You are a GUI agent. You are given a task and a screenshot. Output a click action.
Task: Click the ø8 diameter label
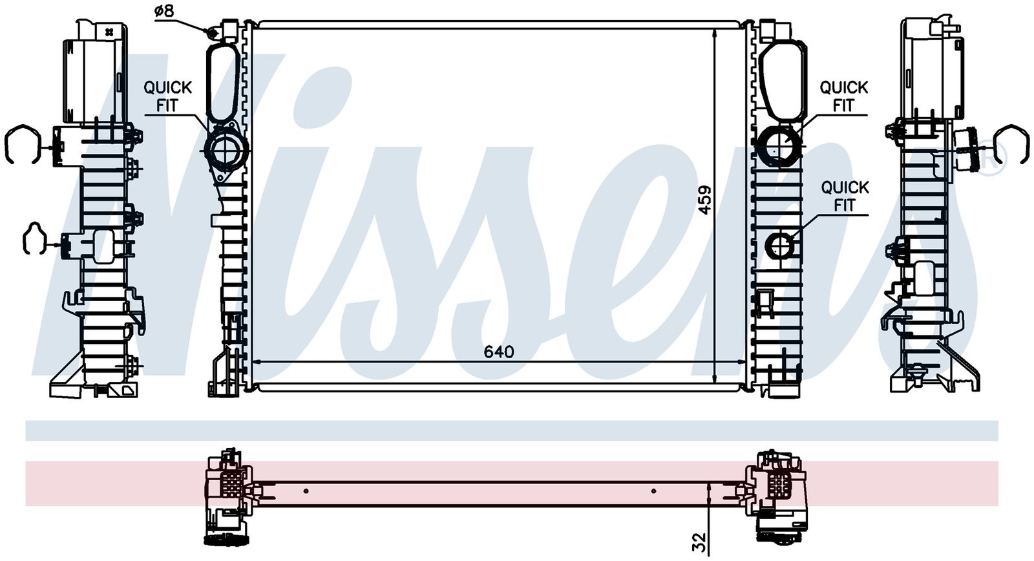click(x=164, y=10)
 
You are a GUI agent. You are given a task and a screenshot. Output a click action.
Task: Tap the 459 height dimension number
click(x=704, y=200)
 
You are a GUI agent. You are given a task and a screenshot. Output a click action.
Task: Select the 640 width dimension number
click(x=498, y=352)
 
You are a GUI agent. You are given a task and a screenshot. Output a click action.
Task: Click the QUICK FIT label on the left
click(x=167, y=96)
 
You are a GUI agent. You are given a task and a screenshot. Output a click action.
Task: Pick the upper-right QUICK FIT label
click(x=843, y=96)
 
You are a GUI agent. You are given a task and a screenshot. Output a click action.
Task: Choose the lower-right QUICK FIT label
click(x=845, y=196)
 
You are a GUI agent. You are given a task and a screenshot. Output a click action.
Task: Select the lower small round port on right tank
click(x=779, y=246)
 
